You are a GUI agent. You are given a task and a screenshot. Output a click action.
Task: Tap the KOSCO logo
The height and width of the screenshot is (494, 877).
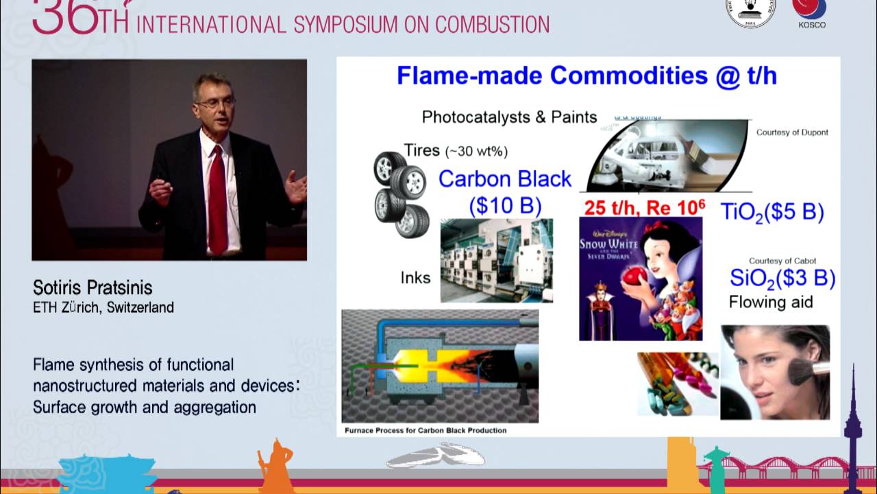(811, 12)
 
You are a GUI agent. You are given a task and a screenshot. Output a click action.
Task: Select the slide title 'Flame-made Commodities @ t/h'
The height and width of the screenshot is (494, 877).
(586, 75)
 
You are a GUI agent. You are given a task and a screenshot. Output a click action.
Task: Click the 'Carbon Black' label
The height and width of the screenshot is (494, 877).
(505, 179)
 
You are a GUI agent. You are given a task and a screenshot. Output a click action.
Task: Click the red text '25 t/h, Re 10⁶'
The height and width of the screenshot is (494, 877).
(643, 207)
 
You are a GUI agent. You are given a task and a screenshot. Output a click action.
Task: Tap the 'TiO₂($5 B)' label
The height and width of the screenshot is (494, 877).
(772, 212)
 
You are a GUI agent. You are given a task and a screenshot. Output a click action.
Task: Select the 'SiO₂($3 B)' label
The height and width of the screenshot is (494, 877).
(782, 278)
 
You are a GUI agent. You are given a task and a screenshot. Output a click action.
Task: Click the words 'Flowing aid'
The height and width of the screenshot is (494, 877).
(771, 302)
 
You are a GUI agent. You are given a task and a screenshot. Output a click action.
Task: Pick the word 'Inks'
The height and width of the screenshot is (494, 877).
(415, 278)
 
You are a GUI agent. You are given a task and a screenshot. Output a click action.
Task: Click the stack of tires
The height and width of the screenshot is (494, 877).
(401, 194)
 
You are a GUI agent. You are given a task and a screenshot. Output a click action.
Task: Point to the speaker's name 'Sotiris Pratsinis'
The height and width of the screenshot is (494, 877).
(92, 287)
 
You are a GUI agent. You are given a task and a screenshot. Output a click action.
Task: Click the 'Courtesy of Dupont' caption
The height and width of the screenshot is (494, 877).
(792, 132)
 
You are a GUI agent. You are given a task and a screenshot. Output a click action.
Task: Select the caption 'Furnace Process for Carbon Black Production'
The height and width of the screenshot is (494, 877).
(425, 430)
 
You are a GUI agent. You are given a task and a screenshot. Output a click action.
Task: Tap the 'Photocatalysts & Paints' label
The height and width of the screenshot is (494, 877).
(509, 117)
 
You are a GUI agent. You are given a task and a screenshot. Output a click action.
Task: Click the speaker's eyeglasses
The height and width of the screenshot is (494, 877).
(214, 103)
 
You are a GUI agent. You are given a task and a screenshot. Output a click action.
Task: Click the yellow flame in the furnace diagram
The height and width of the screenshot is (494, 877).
(419, 364)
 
